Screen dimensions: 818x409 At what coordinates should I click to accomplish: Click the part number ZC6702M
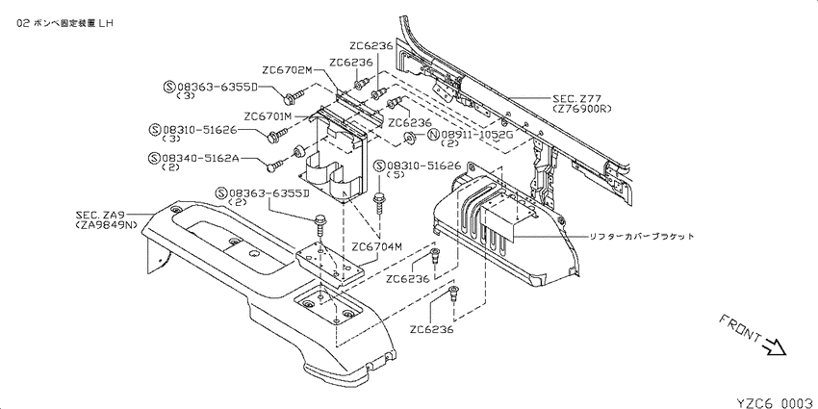click(x=287, y=70)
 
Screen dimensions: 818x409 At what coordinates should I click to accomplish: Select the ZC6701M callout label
click(x=268, y=116)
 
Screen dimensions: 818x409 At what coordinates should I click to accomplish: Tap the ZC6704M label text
click(x=376, y=246)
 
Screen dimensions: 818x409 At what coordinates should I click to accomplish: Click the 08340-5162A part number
click(x=200, y=158)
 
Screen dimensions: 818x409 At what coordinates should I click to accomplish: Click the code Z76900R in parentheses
click(x=581, y=109)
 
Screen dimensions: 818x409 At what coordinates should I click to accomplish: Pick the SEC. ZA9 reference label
click(x=100, y=215)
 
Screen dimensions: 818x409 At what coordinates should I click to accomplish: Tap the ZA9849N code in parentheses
click(x=106, y=225)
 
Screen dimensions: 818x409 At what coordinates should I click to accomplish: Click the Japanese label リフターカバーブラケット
click(x=642, y=237)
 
